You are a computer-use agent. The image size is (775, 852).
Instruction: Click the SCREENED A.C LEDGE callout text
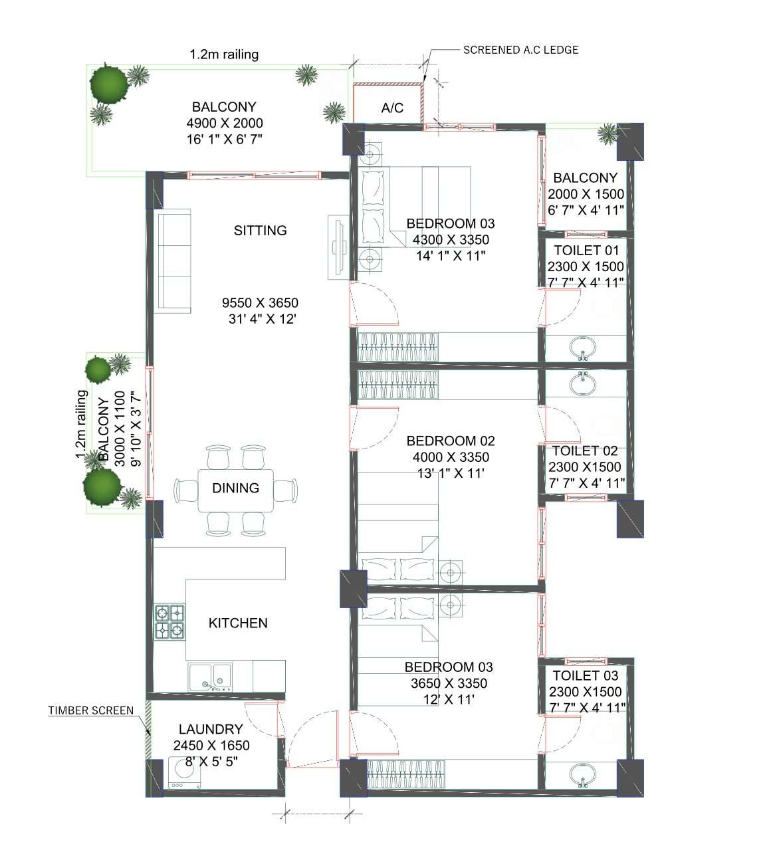tap(520, 50)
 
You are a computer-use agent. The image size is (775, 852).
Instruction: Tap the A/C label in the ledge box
tap(392, 108)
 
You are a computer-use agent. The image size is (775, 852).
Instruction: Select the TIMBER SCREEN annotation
tap(90, 710)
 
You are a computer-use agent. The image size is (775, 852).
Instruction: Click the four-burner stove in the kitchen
tap(169, 622)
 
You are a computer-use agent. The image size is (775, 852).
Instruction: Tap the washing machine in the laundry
tap(183, 772)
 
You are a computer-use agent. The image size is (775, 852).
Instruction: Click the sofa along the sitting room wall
tap(173, 261)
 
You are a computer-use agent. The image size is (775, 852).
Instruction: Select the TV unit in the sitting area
tap(336, 247)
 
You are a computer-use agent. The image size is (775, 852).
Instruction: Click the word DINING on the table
tap(235, 488)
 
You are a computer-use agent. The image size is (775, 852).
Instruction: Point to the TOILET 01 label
tap(586, 251)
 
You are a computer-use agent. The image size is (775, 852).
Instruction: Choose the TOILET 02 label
tap(585, 451)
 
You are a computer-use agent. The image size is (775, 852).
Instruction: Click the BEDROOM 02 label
tap(451, 441)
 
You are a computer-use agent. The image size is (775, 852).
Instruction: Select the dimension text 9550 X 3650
tap(260, 303)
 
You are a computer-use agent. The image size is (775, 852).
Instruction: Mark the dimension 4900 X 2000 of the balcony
tap(224, 123)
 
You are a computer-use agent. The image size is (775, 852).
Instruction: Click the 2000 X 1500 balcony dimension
tap(586, 194)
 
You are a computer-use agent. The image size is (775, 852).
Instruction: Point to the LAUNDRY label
tap(211, 729)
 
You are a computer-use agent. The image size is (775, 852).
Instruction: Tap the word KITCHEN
tap(238, 623)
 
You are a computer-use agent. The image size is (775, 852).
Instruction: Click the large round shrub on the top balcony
tap(108, 83)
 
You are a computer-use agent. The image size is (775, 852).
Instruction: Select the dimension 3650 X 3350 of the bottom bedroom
tap(449, 683)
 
